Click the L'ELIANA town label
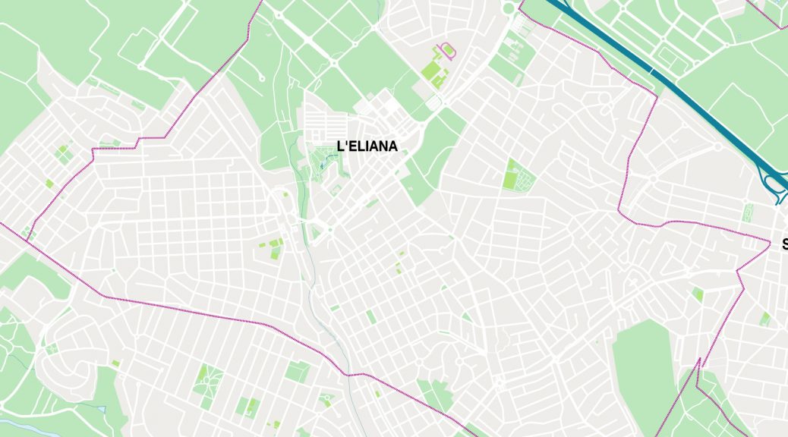[367, 146]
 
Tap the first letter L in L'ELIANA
[340, 146]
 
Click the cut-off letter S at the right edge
[785, 244]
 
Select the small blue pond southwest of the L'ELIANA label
[322, 165]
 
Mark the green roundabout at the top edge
[508, 8]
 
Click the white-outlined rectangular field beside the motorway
[668, 57]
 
